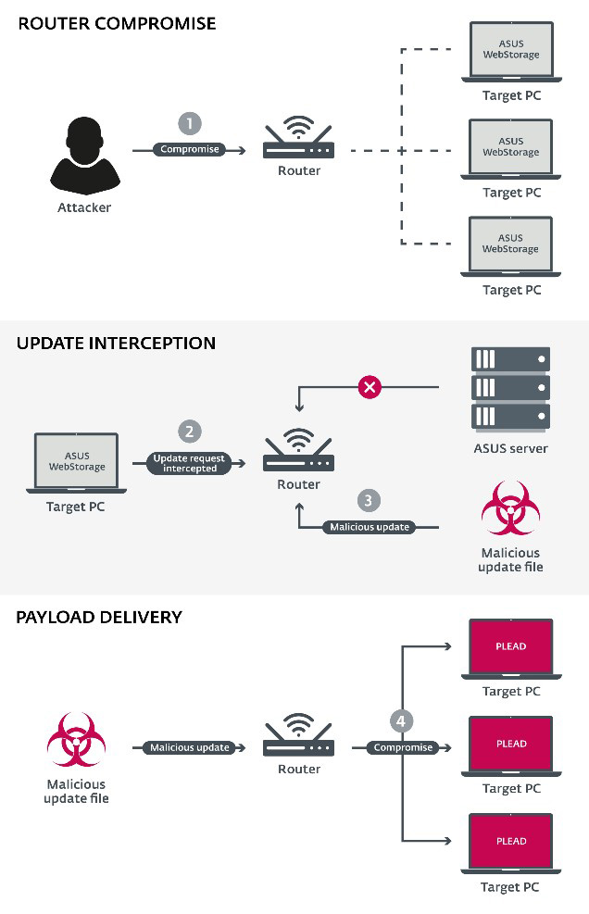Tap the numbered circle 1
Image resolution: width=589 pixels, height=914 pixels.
(190, 123)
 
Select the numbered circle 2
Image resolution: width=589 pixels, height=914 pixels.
(190, 431)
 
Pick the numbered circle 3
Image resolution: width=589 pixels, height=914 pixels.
(369, 501)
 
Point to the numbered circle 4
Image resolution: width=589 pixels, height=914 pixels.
(401, 721)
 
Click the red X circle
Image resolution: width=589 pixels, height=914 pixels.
(370, 387)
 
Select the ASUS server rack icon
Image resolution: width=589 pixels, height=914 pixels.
(510, 388)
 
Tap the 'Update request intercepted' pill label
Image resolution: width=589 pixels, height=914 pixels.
(189, 463)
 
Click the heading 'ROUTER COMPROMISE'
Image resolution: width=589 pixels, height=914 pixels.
(117, 23)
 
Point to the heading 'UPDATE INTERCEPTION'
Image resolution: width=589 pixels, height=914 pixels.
(116, 344)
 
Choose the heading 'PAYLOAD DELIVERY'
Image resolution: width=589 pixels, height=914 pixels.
(99, 617)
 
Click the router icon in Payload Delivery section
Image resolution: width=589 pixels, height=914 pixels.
(298, 737)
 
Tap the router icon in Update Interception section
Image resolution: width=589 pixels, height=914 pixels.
(298, 452)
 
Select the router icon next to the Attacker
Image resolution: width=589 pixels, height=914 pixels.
(298, 142)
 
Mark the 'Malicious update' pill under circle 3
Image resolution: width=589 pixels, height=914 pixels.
(370, 527)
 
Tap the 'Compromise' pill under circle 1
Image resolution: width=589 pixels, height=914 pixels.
(190, 149)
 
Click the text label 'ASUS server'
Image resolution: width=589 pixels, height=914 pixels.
(510, 448)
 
